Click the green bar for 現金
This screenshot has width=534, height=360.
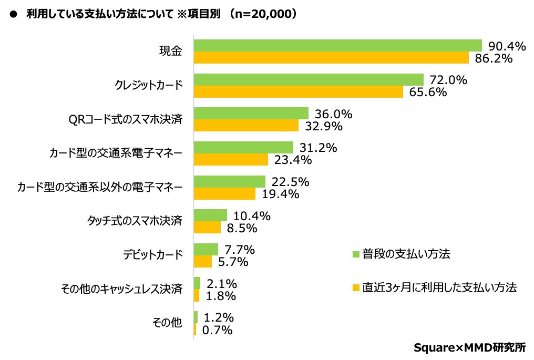(338, 45)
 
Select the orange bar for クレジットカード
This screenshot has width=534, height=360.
(299, 92)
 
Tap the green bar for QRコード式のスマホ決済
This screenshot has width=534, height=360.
(251, 114)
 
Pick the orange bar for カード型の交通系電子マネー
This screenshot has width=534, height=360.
(231, 159)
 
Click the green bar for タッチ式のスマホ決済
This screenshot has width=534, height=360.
(211, 215)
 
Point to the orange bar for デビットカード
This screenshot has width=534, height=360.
(203, 261)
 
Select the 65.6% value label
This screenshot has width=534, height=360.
(428, 92)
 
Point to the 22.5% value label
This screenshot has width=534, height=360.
(291, 182)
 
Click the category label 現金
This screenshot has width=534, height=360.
(171, 51)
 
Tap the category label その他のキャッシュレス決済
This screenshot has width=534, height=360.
(122, 289)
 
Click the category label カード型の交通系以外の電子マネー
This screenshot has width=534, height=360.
(100, 187)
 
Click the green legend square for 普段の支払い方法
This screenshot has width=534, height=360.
(356, 254)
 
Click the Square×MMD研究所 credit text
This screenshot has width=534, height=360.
(469, 347)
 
